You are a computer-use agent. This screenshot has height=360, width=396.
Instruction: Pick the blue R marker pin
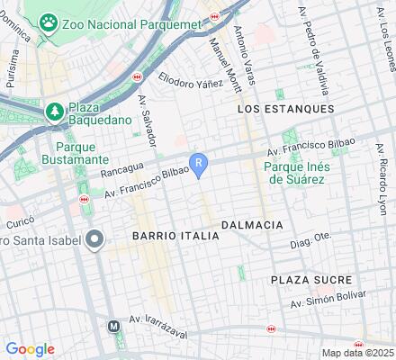(x=202, y=164)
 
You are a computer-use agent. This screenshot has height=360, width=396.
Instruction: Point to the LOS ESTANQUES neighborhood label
(x=285, y=108)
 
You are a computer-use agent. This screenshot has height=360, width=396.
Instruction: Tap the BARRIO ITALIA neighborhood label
(x=175, y=235)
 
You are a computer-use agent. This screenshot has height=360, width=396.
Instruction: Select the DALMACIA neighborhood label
(x=252, y=224)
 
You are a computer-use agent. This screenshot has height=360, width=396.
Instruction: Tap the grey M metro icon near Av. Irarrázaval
(x=114, y=327)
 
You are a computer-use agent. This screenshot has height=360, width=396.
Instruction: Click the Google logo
(x=30, y=349)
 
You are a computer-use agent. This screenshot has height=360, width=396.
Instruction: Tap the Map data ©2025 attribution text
(x=357, y=353)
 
